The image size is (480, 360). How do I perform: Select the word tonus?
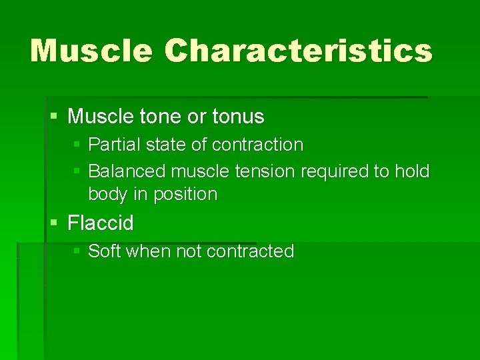(238, 117)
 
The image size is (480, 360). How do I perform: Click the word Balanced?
(127, 171)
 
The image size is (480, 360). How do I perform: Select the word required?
(335, 171)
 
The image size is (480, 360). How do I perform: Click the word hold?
(411, 171)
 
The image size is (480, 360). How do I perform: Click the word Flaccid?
(101, 223)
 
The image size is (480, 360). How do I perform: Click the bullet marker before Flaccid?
(54, 223)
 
